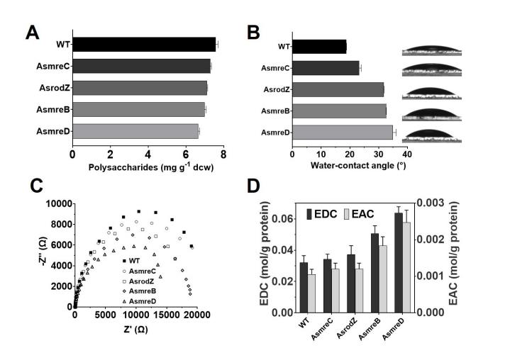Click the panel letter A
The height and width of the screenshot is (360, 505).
pyautogui.click(x=33, y=33)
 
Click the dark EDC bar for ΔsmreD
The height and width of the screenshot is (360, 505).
pyautogui.click(x=399, y=262)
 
